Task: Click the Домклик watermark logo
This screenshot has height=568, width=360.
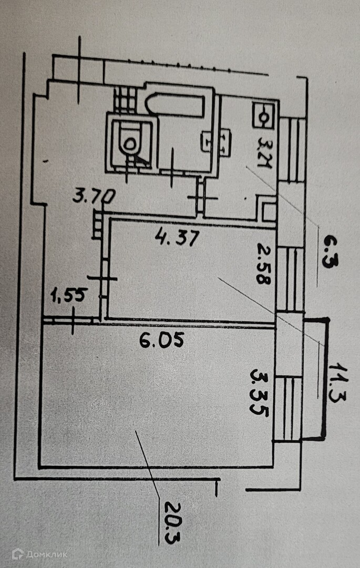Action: click(34, 553)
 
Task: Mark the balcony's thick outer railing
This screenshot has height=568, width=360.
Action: click(325, 379)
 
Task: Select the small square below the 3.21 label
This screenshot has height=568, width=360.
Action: click(269, 210)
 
